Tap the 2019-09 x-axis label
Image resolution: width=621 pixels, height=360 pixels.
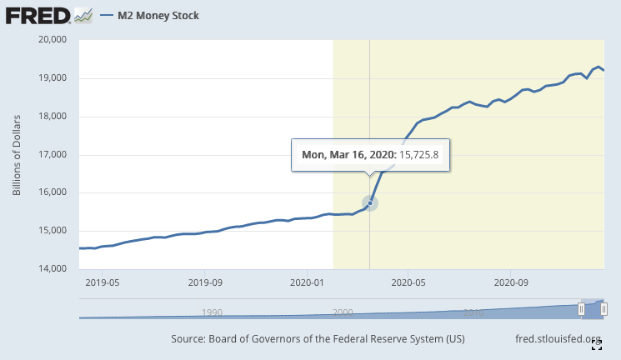coord(204,282)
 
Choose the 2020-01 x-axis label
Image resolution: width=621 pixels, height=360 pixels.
coord(307,282)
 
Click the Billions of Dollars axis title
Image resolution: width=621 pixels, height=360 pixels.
coord(17,155)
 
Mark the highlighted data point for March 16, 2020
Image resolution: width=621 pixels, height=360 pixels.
coord(369,202)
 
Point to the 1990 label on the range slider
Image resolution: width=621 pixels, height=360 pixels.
coord(212,312)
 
